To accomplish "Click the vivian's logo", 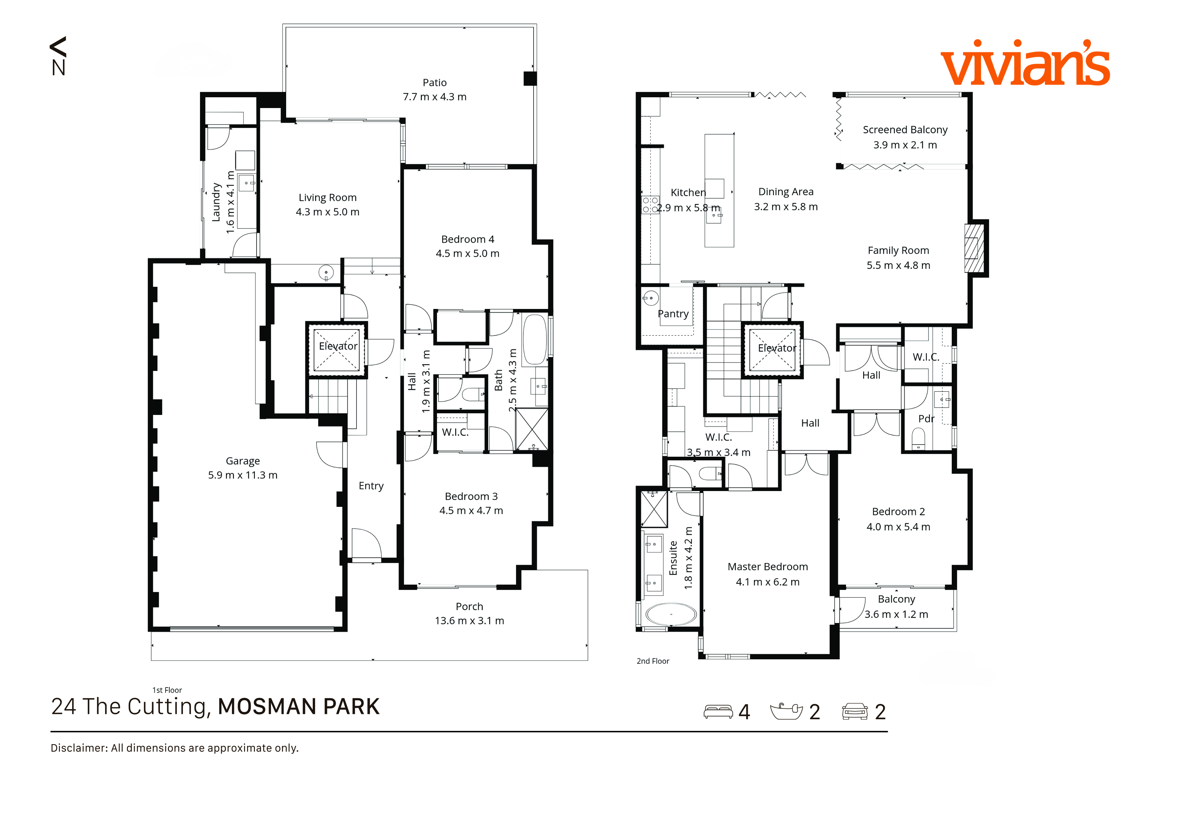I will click(1025, 64).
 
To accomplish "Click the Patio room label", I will click(435, 83).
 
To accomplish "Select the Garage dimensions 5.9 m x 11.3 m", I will click(243, 475).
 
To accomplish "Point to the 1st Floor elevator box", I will click(337, 350).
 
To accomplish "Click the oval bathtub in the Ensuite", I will click(671, 614).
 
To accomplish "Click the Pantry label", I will click(673, 314).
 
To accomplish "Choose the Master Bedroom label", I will click(768, 567).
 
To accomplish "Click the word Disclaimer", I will click(79, 748).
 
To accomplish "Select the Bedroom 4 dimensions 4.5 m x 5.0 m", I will click(468, 253).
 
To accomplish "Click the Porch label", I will click(469, 607).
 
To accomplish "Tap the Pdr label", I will click(926, 419).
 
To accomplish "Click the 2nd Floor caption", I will click(653, 661).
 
